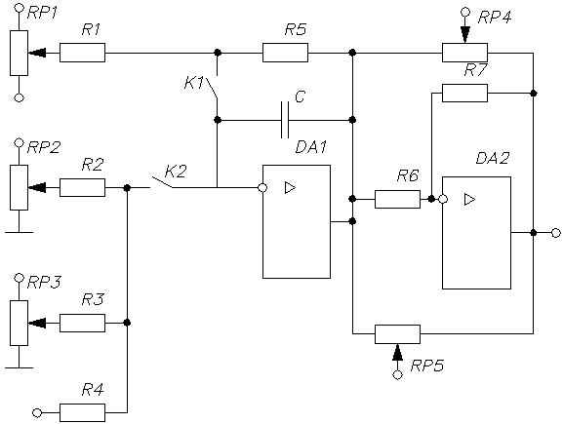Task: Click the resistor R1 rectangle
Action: coord(82,53)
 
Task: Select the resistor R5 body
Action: coord(285,53)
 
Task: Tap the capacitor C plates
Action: coord(285,120)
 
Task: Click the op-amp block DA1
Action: coord(297,221)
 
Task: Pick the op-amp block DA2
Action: coord(476,233)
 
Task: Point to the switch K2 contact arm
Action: coord(162,182)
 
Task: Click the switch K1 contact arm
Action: coord(212,89)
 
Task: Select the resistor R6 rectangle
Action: coord(397,199)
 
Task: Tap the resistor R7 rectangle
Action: coord(464,93)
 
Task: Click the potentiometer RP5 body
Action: coord(397,334)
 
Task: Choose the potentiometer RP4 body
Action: coord(464,53)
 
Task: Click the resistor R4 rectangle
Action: coord(82,413)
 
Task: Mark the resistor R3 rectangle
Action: coord(82,323)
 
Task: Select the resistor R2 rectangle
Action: coord(82,187)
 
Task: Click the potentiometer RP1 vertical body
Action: coord(20,53)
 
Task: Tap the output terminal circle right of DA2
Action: coord(556,233)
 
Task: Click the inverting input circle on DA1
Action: coord(262,187)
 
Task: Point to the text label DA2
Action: coord(493,158)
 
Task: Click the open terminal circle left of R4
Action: coord(37,413)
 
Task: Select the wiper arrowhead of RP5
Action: coord(397,352)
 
